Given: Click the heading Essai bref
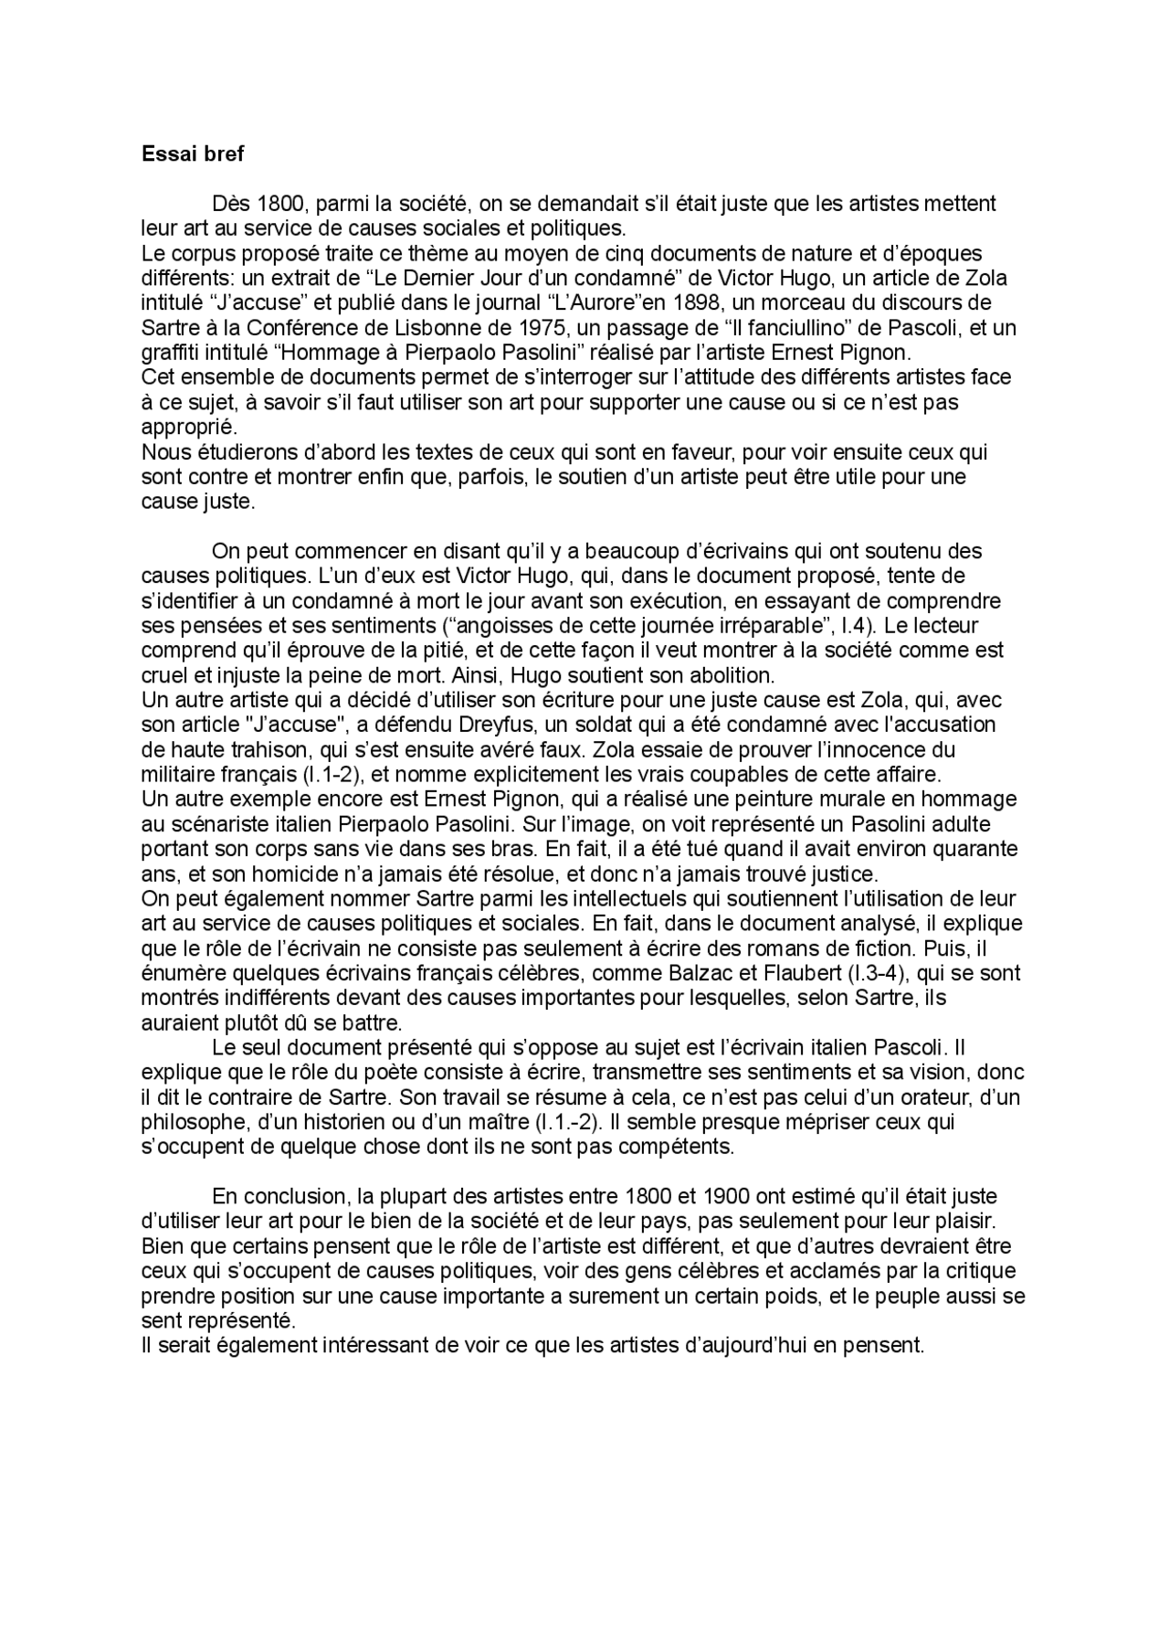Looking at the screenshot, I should (x=193, y=154).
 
